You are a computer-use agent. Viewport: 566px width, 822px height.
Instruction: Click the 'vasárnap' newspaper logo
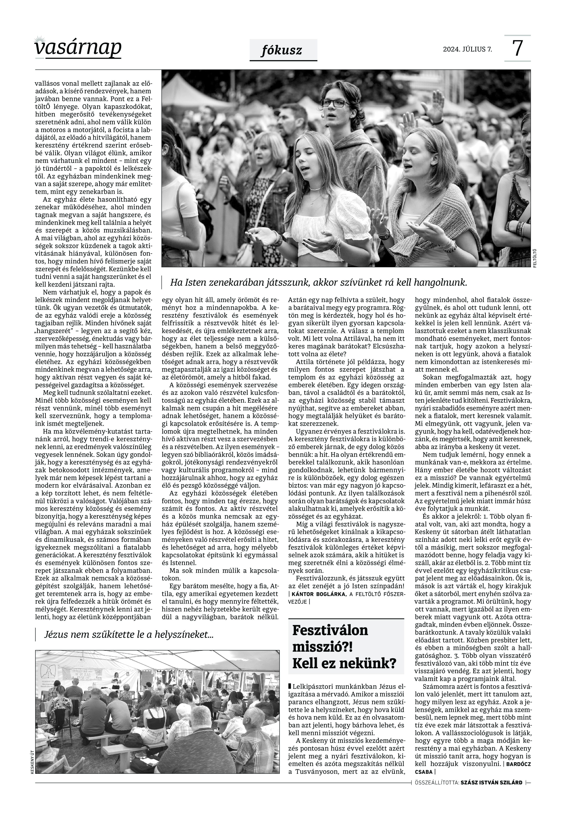[x=78, y=48]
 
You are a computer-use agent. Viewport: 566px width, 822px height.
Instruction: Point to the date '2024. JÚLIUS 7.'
[x=467, y=49]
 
